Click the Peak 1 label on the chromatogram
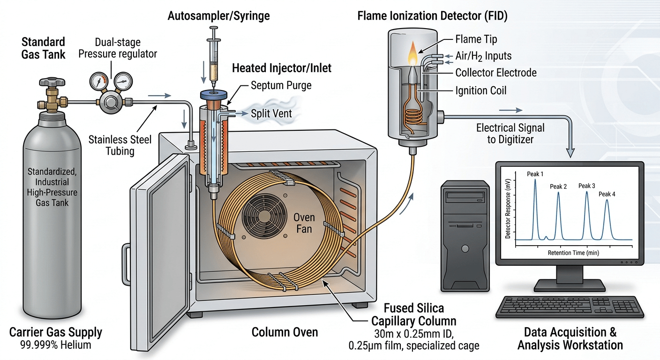535,174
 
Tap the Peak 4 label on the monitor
607,194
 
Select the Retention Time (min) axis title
573,253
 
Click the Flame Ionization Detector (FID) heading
432,16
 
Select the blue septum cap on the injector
214,94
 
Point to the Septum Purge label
281,86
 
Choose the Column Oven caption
285,332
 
